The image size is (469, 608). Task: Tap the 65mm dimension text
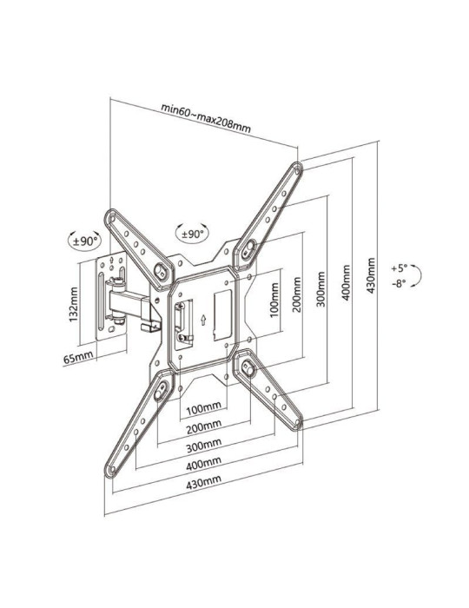80,357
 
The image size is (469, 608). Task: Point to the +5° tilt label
399,268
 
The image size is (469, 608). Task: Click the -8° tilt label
399,283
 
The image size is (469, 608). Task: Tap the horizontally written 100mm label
201,407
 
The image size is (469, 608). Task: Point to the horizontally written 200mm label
201,426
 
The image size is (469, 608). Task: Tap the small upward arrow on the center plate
202,319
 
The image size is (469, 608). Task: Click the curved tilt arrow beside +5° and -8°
418,275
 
